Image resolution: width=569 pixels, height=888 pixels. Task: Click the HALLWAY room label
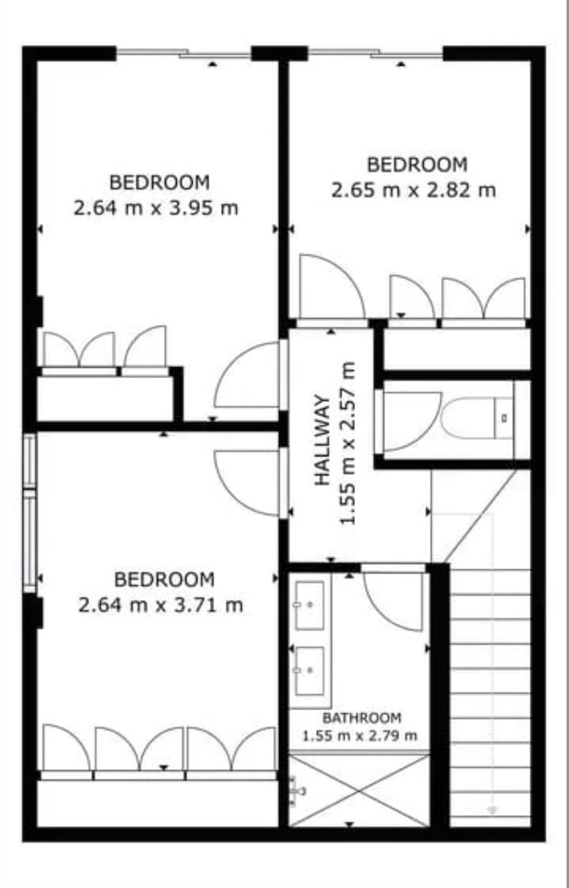(322, 440)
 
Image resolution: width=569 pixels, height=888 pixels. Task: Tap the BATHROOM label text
(363, 718)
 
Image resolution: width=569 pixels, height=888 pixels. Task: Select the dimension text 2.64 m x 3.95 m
(156, 208)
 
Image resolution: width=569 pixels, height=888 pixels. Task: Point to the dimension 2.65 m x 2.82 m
(414, 190)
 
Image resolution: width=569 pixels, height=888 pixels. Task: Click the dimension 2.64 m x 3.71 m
(161, 605)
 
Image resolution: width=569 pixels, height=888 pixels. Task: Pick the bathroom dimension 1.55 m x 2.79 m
(359, 736)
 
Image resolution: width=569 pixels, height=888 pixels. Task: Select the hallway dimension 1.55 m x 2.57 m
(348, 443)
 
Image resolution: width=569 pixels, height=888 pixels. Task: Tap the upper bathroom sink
(310, 604)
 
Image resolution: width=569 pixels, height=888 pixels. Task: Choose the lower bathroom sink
(310, 671)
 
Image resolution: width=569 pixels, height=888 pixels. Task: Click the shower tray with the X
(359, 790)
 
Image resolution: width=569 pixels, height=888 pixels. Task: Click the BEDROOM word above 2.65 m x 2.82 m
(417, 165)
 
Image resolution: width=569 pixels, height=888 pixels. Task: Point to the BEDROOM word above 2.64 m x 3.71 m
(164, 580)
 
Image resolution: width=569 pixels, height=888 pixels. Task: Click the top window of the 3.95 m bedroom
(184, 53)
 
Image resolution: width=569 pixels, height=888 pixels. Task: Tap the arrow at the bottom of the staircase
(492, 810)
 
